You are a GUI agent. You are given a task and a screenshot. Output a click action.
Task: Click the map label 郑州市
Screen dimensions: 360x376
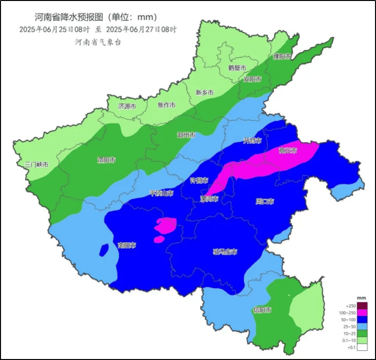(x=186, y=135)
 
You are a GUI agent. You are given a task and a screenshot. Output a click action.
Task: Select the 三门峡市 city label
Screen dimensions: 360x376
(x=37, y=165)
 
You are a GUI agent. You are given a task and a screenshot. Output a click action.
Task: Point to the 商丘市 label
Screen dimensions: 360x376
(x=287, y=151)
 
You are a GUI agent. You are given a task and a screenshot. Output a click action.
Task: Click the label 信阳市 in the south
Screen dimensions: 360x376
(x=262, y=310)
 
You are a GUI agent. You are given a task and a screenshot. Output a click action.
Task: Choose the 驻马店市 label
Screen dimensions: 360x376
(x=225, y=251)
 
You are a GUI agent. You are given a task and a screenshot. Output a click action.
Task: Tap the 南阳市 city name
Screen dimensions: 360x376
(x=127, y=246)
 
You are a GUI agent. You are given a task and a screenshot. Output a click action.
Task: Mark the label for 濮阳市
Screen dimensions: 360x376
(x=282, y=57)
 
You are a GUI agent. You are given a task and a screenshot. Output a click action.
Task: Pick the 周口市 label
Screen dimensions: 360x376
(x=265, y=201)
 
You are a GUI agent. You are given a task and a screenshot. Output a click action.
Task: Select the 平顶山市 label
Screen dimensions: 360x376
(x=161, y=193)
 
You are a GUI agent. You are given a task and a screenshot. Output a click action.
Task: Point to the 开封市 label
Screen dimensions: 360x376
(x=252, y=141)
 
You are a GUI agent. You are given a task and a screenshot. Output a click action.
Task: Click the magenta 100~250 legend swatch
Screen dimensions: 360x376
(x=361, y=313)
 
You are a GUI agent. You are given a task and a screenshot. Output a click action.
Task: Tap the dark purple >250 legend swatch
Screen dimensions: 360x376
(x=361, y=305)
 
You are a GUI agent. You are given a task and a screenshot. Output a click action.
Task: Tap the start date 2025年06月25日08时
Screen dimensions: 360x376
(x=53, y=29)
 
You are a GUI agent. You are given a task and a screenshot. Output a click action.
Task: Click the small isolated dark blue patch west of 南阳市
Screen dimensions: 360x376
(x=104, y=250)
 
